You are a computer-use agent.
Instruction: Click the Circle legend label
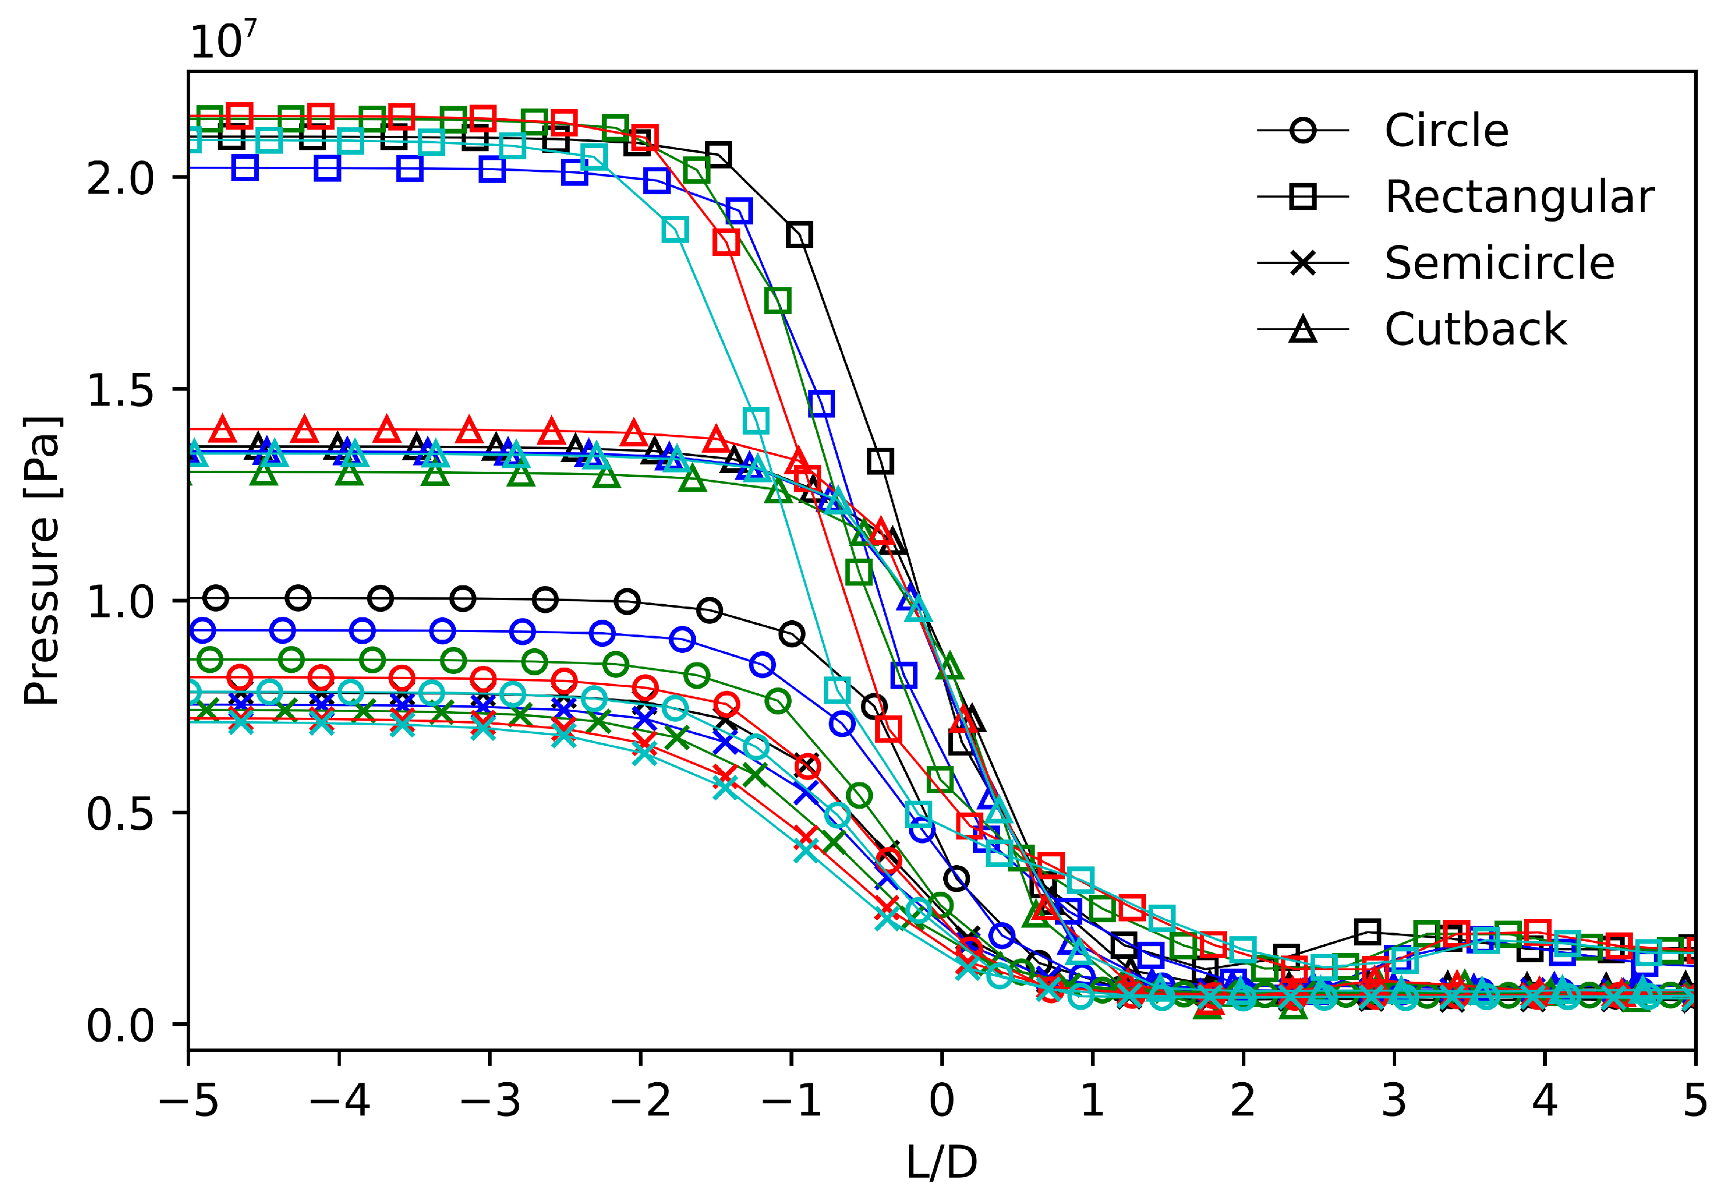tap(1446, 131)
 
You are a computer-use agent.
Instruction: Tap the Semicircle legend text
tap(1499, 263)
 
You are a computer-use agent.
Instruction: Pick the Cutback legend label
tap(1475, 330)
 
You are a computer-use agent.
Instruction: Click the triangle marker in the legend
tap(1303, 330)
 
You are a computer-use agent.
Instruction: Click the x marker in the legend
tap(1303, 263)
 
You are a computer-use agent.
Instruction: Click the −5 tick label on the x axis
tap(188, 1101)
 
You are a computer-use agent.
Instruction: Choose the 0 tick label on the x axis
tap(941, 1101)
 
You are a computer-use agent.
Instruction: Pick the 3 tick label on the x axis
tap(1394, 1101)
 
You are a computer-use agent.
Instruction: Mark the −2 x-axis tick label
tap(640, 1101)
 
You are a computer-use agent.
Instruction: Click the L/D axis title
tap(941, 1163)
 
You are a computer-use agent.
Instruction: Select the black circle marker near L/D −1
tap(791, 634)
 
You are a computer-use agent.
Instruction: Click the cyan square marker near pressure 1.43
tap(756, 420)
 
